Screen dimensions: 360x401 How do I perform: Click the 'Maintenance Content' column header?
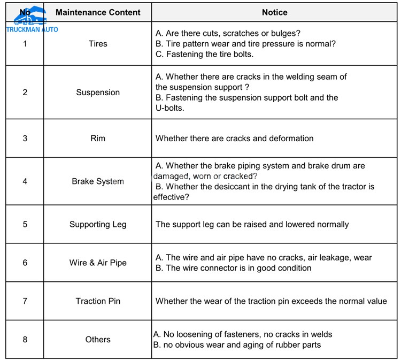point(98,12)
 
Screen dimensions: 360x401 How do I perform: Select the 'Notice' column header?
point(274,12)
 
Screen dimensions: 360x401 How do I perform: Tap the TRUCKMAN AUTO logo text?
point(32,29)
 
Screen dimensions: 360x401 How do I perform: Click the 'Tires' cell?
point(98,44)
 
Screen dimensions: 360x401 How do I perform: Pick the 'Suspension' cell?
point(98,93)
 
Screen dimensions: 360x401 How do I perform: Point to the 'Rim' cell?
point(98,139)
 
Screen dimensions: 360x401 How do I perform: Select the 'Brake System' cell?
point(98,181)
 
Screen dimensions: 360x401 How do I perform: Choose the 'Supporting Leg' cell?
point(98,224)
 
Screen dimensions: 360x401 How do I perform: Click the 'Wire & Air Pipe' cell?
point(98,263)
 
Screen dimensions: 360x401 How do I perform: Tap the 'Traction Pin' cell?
point(98,301)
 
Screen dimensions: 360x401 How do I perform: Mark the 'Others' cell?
point(98,340)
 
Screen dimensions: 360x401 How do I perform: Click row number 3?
point(25,139)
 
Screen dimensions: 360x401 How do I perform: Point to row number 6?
point(25,263)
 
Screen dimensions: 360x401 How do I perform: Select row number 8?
point(25,340)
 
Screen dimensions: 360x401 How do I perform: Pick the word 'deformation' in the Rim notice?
point(291,139)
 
